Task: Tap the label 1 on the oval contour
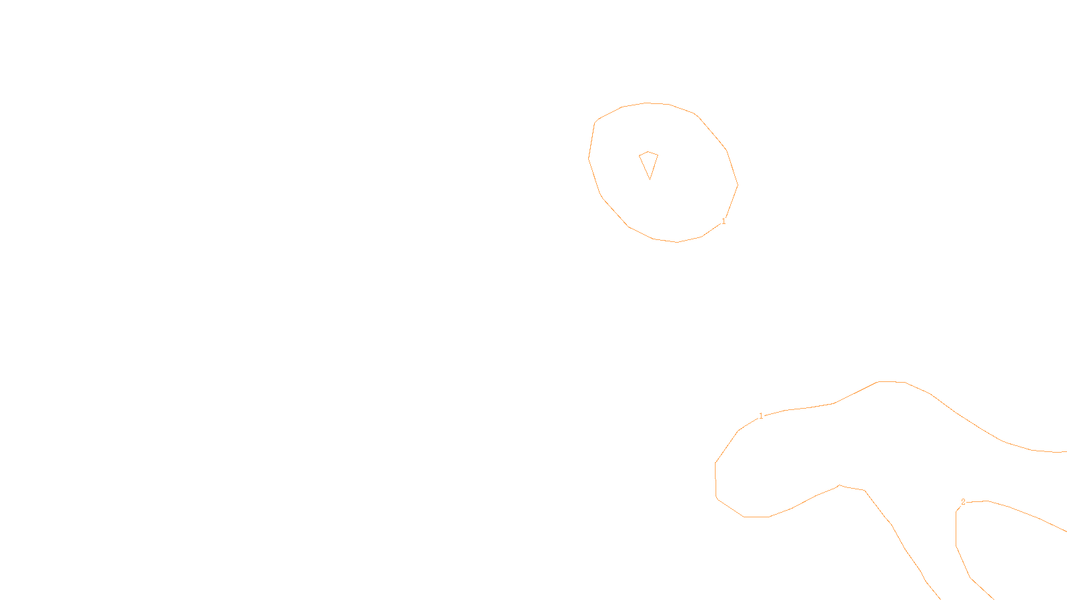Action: pos(724,221)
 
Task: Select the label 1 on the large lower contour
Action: pos(761,416)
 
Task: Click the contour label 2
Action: pos(963,502)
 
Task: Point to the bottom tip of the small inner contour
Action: pos(650,179)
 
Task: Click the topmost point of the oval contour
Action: pos(646,103)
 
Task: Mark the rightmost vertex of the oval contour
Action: pos(738,185)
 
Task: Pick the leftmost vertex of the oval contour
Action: pos(588,158)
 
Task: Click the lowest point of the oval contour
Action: pos(678,242)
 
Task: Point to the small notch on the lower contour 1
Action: pos(839,485)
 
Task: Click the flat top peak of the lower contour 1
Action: pos(892,381)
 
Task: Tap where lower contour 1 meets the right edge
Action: pos(1065,452)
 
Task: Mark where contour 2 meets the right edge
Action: pos(1065,531)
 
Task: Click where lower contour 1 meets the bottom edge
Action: pos(940,598)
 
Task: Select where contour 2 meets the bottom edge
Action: pos(992,598)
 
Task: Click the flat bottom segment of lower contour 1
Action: pos(756,517)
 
